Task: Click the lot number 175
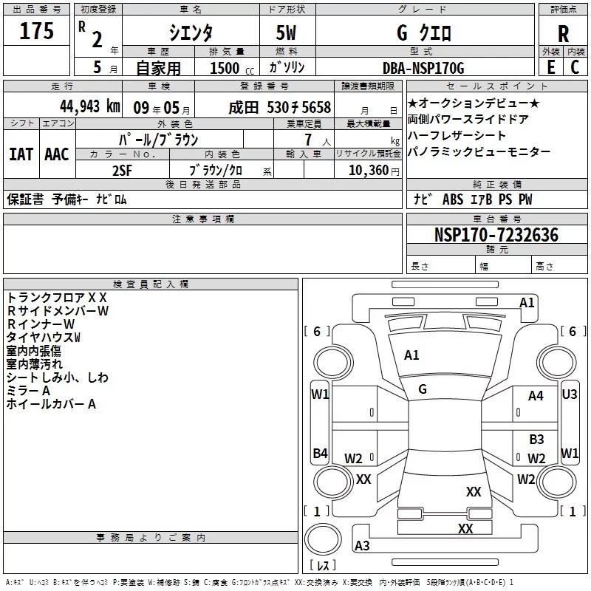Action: (x=37, y=32)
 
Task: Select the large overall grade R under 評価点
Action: (x=563, y=33)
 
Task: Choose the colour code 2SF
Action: (x=122, y=170)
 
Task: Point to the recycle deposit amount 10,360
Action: (x=367, y=170)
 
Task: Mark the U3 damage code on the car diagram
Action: (x=570, y=394)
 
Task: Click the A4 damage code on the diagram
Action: (x=536, y=396)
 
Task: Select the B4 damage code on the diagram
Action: (x=320, y=453)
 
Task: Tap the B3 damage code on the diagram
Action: (x=536, y=439)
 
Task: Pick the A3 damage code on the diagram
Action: (x=362, y=546)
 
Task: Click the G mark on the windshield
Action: (x=423, y=389)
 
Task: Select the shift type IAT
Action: (x=20, y=154)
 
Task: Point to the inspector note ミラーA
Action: (x=28, y=391)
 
